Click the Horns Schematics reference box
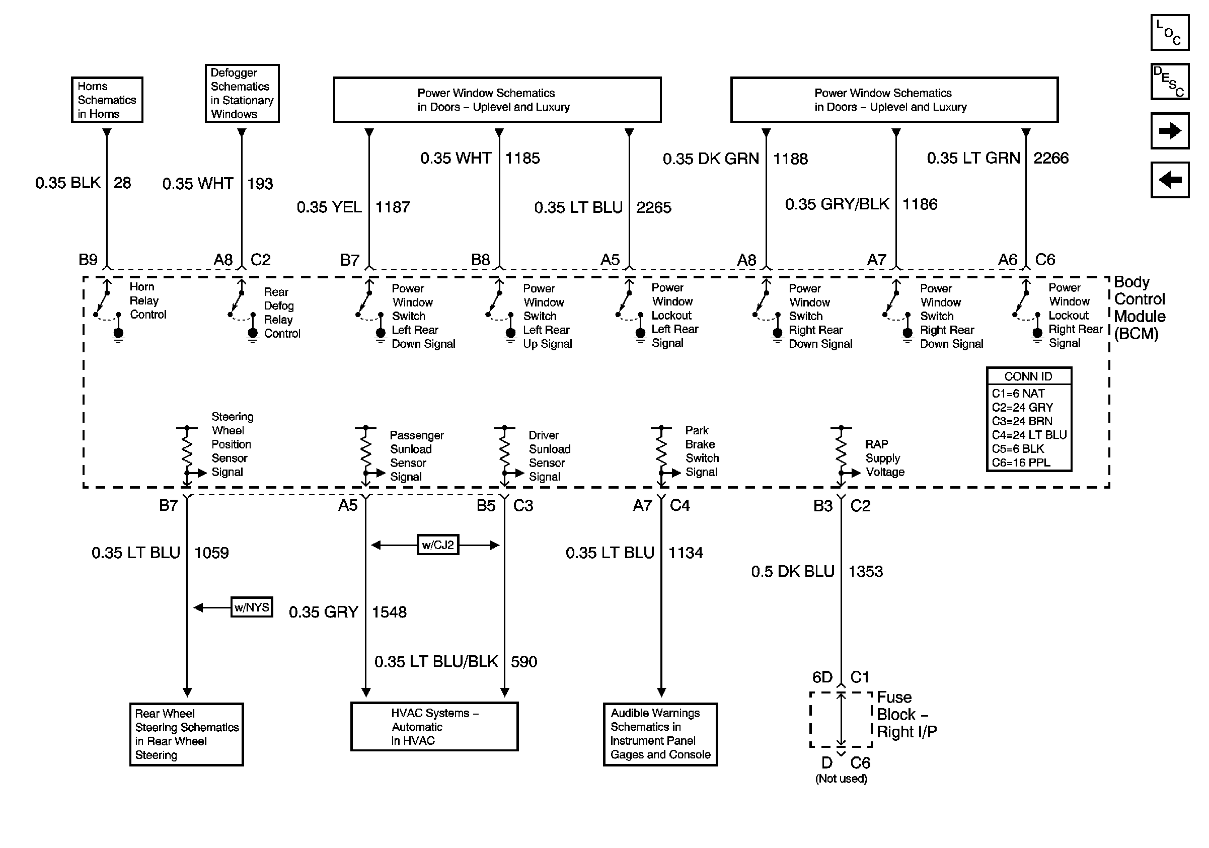pyautogui.click(x=107, y=100)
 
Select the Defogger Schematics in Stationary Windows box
pyautogui.click(x=242, y=93)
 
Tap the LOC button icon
pyautogui.click(x=1170, y=33)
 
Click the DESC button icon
pyautogui.click(x=1170, y=82)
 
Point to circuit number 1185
pyautogui.click(x=522, y=158)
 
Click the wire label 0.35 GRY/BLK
pyautogui.click(x=837, y=204)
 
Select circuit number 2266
pyautogui.click(x=1051, y=158)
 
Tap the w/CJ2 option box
pyautogui.click(x=437, y=545)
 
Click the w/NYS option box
pyautogui.click(x=252, y=607)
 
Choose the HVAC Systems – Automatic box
pyautogui.click(x=434, y=727)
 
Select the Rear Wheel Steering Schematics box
pyautogui.click(x=186, y=734)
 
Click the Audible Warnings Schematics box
pyautogui.click(x=660, y=734)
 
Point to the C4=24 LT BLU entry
pyautogui.click(x=1029, y=435)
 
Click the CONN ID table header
pyautogui.click(x=1028, y=376)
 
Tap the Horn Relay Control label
pyautogui.click(x=147, y=300)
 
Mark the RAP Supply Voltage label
pyautogui.click(x=885, y=458)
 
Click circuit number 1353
pyautogui.click(x=865, y=571)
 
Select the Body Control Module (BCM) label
pyautogui.click(x=1140, y=308)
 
